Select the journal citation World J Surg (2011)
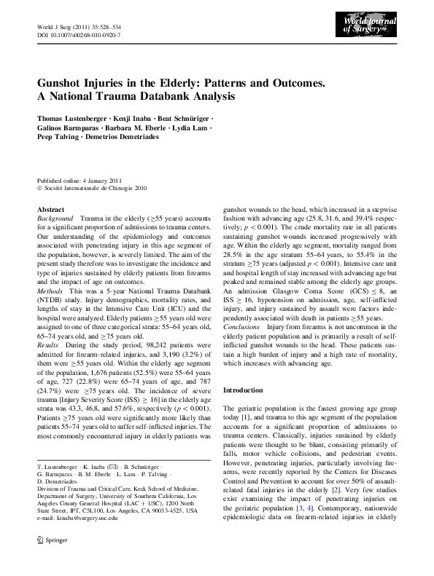[x=61, y=26]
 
